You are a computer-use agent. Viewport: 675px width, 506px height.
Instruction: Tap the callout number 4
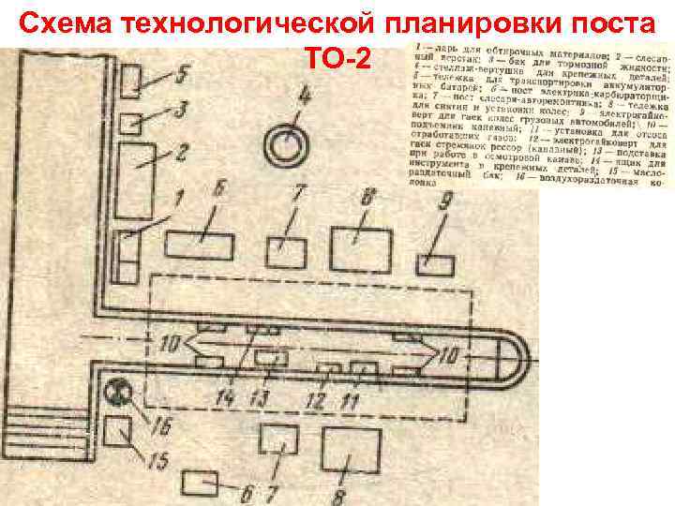[302, 94]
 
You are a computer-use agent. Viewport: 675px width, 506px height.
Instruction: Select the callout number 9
[447, 200]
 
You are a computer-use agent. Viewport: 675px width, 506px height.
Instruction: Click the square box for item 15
[118, 434]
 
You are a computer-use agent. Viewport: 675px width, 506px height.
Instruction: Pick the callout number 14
[224, 398]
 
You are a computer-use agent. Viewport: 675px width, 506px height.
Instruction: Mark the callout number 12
[316, 401]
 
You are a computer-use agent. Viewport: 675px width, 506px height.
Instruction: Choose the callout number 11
[351, 401]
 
